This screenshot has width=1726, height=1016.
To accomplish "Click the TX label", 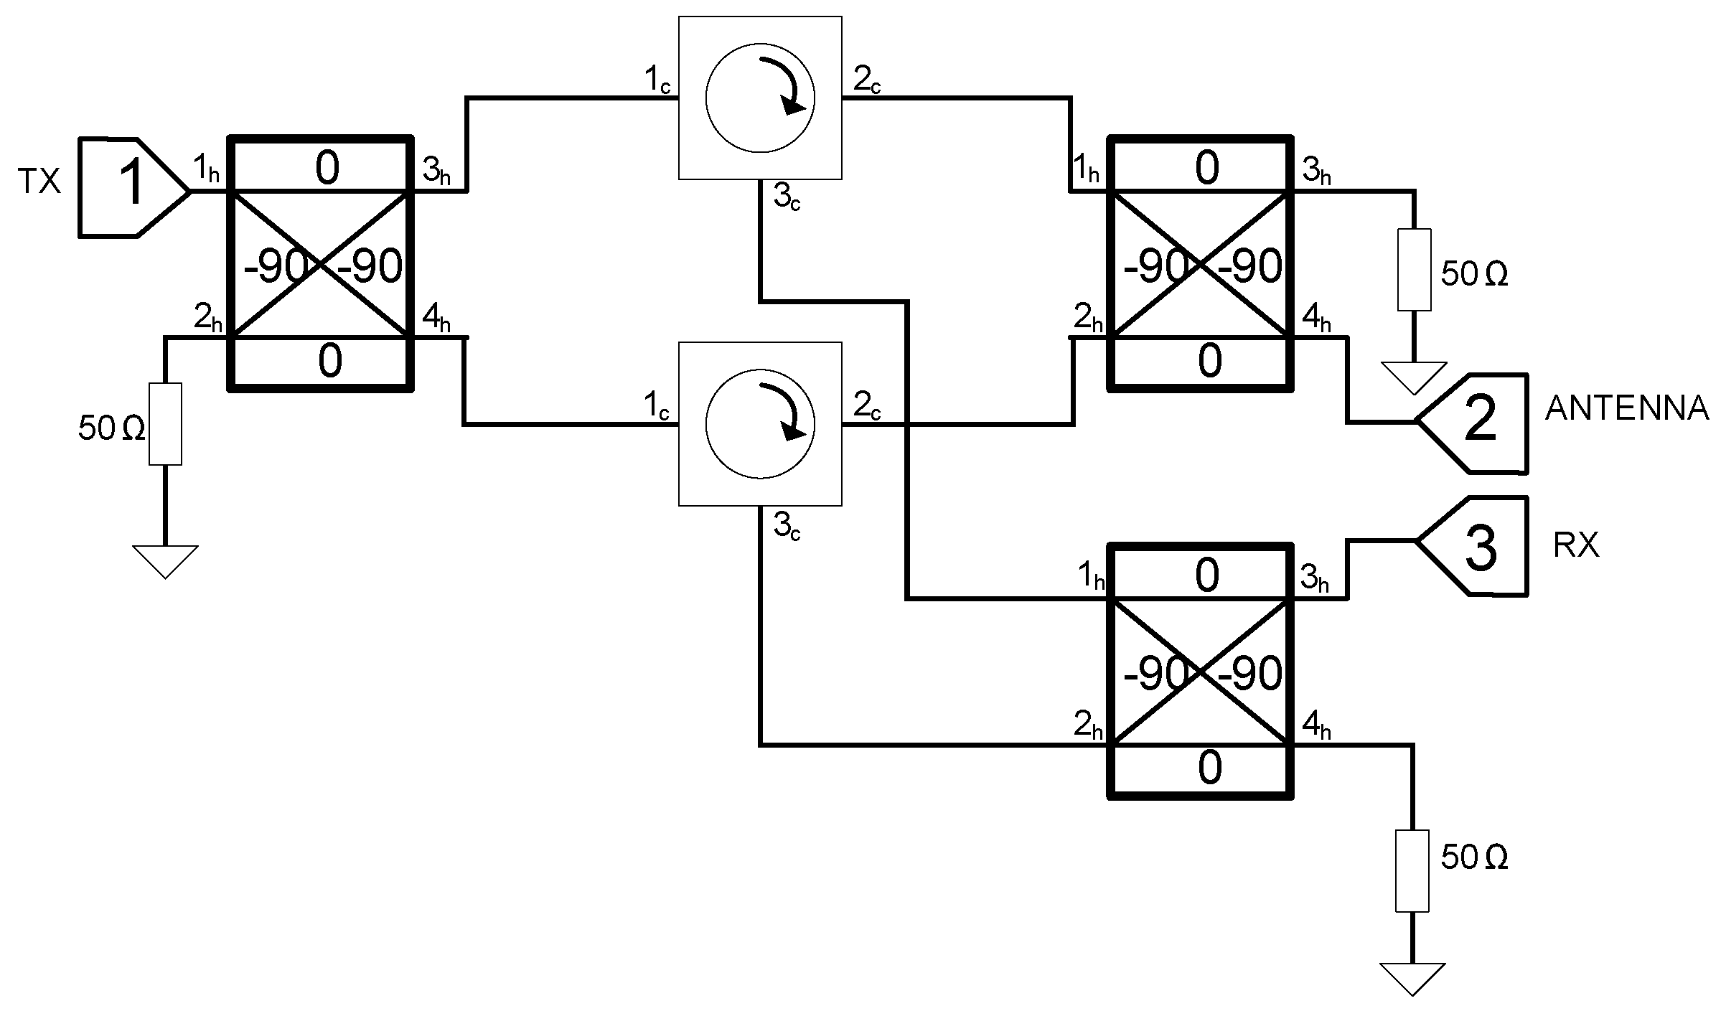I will coord(39,183).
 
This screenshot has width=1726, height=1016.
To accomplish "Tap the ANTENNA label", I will coord(1626,408).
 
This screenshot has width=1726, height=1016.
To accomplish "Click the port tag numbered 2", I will coord(1478,422).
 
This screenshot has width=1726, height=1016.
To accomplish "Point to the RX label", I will coord(1576,546).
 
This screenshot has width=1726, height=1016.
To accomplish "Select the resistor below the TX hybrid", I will coord(165,423).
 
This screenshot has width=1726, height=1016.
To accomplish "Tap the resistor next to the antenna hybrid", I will coord(1414,270).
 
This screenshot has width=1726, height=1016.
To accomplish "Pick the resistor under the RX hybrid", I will coord(1412,870).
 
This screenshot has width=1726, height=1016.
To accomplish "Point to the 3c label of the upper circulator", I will coord(787,198).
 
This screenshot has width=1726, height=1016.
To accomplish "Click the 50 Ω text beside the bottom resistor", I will coord(1474,858).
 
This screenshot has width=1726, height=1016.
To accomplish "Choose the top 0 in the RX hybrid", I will coord(1207,575).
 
